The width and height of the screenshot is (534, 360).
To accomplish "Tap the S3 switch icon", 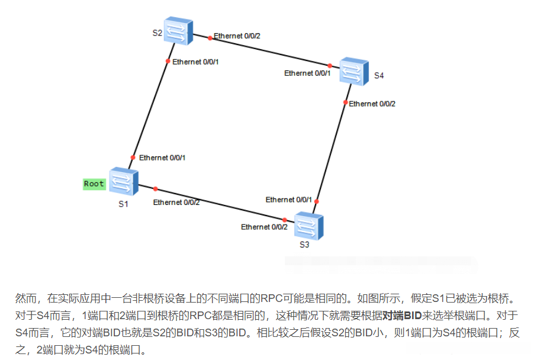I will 308,226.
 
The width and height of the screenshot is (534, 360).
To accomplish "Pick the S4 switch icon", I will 353,71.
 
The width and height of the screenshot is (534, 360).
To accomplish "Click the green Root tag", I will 94,184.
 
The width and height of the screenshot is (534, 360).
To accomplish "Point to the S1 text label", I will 123,204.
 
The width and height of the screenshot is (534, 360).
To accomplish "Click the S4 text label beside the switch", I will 379,76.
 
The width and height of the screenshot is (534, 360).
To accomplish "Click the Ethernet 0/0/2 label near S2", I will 237,36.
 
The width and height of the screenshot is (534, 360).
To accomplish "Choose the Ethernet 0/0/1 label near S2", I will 196,62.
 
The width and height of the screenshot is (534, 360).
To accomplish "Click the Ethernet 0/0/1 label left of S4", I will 307,73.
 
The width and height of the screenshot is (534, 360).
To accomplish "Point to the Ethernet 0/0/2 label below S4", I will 372,104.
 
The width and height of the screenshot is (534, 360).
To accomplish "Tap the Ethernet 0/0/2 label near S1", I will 176,202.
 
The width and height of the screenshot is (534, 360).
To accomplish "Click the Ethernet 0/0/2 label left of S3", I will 264,227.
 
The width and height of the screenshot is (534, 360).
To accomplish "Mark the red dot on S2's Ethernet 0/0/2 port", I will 210,38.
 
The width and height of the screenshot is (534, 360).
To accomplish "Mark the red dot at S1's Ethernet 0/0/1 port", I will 133,157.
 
